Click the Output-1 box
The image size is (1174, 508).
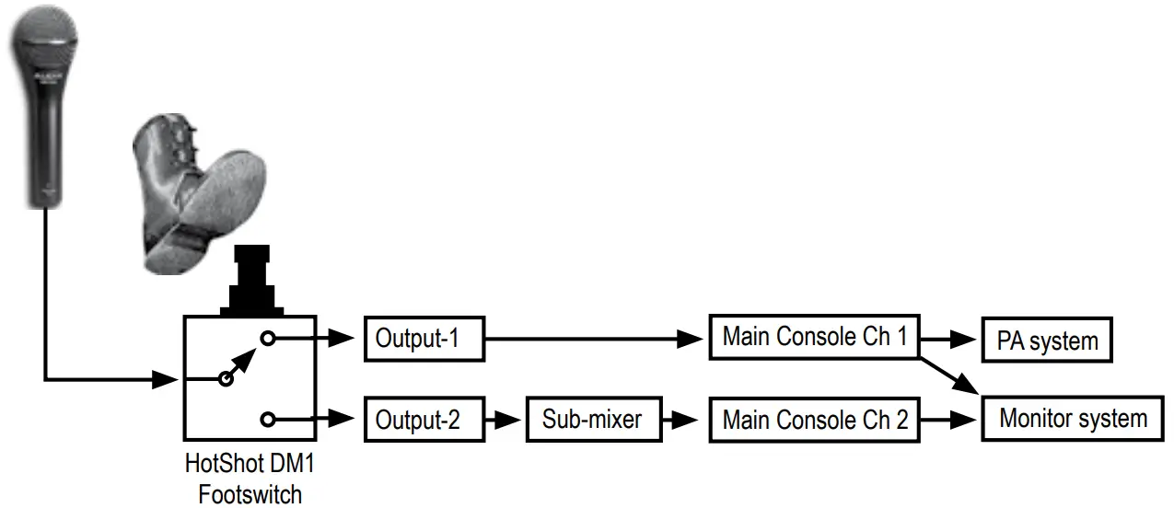[x=423, y=339]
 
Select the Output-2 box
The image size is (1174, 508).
[x=424, y=421]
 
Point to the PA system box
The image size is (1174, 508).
[x=1047, y=341]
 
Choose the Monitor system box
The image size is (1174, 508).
[x=1073, y=419]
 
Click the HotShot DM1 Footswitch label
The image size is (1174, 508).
[x=250, y=479]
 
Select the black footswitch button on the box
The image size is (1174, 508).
[x=250, y=281]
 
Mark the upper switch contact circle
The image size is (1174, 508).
[x=267, y=339]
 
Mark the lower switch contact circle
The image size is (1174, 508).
[x=267, y=420]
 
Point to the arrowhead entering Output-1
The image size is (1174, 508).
[x=344, y=339]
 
